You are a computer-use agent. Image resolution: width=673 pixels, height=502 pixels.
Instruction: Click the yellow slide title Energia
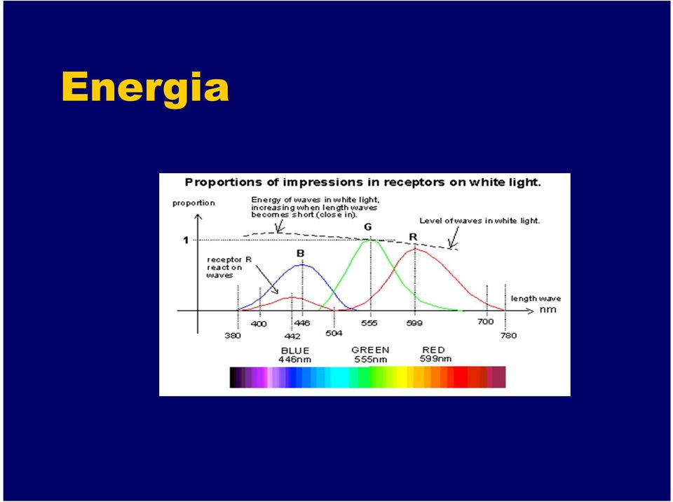coord(145,88)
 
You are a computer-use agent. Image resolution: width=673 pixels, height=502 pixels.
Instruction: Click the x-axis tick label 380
coord(233,336)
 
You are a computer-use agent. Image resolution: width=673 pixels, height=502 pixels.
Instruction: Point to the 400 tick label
coord(259,324)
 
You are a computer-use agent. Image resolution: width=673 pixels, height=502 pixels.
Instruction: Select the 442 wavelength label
coord(292,337)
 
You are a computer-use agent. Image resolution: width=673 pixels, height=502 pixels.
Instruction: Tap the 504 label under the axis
coord(334,333)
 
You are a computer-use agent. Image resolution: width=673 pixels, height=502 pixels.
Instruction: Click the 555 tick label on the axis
coord(369,323)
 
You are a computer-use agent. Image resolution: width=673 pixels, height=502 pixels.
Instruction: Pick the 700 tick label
coord(485,322)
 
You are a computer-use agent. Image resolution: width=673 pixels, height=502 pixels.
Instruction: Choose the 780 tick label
coord(509,335)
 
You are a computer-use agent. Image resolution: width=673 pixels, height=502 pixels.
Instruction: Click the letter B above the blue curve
coord(301,254)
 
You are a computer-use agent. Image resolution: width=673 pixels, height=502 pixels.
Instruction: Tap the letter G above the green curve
coord(368,227)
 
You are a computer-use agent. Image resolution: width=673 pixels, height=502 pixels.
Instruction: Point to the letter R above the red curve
coord(413,237)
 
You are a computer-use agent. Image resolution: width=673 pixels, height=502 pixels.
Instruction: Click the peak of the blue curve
coord(303,264)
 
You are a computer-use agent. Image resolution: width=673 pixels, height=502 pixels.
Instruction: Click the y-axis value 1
coord(186,240)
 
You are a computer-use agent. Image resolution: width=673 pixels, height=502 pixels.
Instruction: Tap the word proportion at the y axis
coord(193,203)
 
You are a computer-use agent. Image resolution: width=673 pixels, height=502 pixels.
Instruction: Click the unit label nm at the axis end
coord(548,310)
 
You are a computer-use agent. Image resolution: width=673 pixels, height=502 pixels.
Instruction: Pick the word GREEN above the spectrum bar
coord(370,350)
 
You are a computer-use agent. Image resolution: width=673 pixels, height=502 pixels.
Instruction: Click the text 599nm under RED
coord(435,358)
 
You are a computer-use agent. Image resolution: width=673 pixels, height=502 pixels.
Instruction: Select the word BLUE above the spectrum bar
coord(295,351)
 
